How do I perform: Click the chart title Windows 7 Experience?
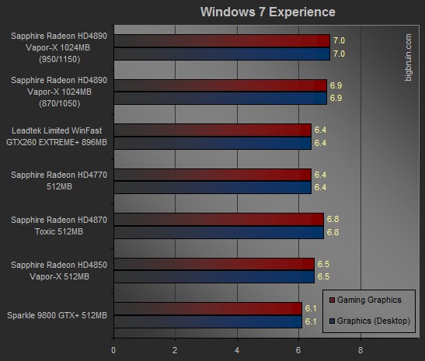[268, 12]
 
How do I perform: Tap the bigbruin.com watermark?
[408, 57]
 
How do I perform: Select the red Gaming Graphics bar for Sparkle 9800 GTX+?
[208, 309]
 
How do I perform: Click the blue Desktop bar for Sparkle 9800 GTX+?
[208, 321]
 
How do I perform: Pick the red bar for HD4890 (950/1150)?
[222, 41]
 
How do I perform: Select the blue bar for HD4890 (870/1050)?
[221, 99]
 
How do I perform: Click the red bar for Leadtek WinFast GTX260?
[213, 130]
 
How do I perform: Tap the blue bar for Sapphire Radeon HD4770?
[213, 187]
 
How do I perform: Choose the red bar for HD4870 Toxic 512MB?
[219, 220]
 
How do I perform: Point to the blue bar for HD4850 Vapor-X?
[214, 277]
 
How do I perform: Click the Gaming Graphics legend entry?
[365, 300]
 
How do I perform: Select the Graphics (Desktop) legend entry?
[370, 321]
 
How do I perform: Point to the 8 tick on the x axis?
[361, 350]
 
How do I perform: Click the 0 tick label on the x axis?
[113, 350]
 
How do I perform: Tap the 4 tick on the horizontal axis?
[237, 350]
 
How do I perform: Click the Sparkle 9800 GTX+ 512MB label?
[57, 315]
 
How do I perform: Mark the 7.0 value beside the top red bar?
[339, 40]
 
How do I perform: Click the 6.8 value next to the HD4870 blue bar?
[333, 232]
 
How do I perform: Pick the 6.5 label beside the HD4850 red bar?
[324, 264]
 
